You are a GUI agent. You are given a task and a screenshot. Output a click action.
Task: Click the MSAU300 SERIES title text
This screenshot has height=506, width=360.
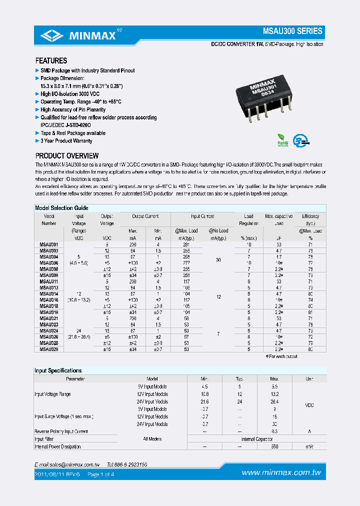pyautogui.click(x=292, y=31)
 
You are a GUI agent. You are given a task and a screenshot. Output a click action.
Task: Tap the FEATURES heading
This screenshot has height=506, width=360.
pyautogui.click(x=51, y=60)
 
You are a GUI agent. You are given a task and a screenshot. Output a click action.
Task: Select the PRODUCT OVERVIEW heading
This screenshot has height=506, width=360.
pyautogui.click(x=67, y=156)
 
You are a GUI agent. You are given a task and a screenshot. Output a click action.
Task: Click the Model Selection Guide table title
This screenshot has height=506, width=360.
pyautogui.click(x=61, y=207)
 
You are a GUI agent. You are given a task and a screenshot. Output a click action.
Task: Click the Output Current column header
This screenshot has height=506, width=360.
pyautogui.click(x=145, y=216)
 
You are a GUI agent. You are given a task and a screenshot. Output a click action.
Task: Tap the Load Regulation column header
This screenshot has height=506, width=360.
pyautogui.click(x=248, y=219)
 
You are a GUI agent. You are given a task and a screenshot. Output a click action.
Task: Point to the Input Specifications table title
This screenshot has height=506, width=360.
pyautogui.click(x=58, y=370)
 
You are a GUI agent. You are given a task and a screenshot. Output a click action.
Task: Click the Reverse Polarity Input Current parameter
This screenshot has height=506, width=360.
pyautogui.click(x=61, y=431)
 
